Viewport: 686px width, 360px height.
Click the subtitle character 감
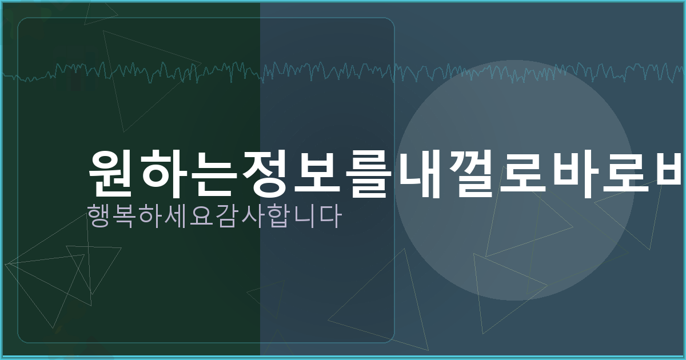pos(226,217)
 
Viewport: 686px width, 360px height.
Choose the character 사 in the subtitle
pos(252,217)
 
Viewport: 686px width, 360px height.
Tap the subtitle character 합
pos(277,217)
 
